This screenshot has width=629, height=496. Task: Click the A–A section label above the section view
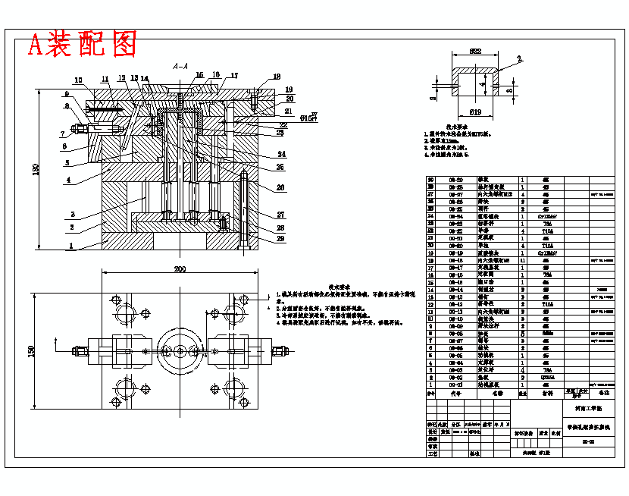[x=180, y=67]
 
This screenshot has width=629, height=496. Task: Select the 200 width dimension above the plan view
[x=180, y=269]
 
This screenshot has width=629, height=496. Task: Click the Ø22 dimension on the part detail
[x=475, y=52]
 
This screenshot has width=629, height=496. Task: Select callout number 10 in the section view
[x=78, y=80]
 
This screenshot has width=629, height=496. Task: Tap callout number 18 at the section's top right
[x=277, y=77]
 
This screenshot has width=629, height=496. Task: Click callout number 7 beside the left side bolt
[x=64, y=134]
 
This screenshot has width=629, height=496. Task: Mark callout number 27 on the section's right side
[x=259, y=215]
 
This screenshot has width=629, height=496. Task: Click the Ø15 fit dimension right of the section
[x=308, y=118]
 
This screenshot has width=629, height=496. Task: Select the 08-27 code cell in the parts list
[x=456, y=194]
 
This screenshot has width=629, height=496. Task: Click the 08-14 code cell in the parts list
[x=456, y=290]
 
